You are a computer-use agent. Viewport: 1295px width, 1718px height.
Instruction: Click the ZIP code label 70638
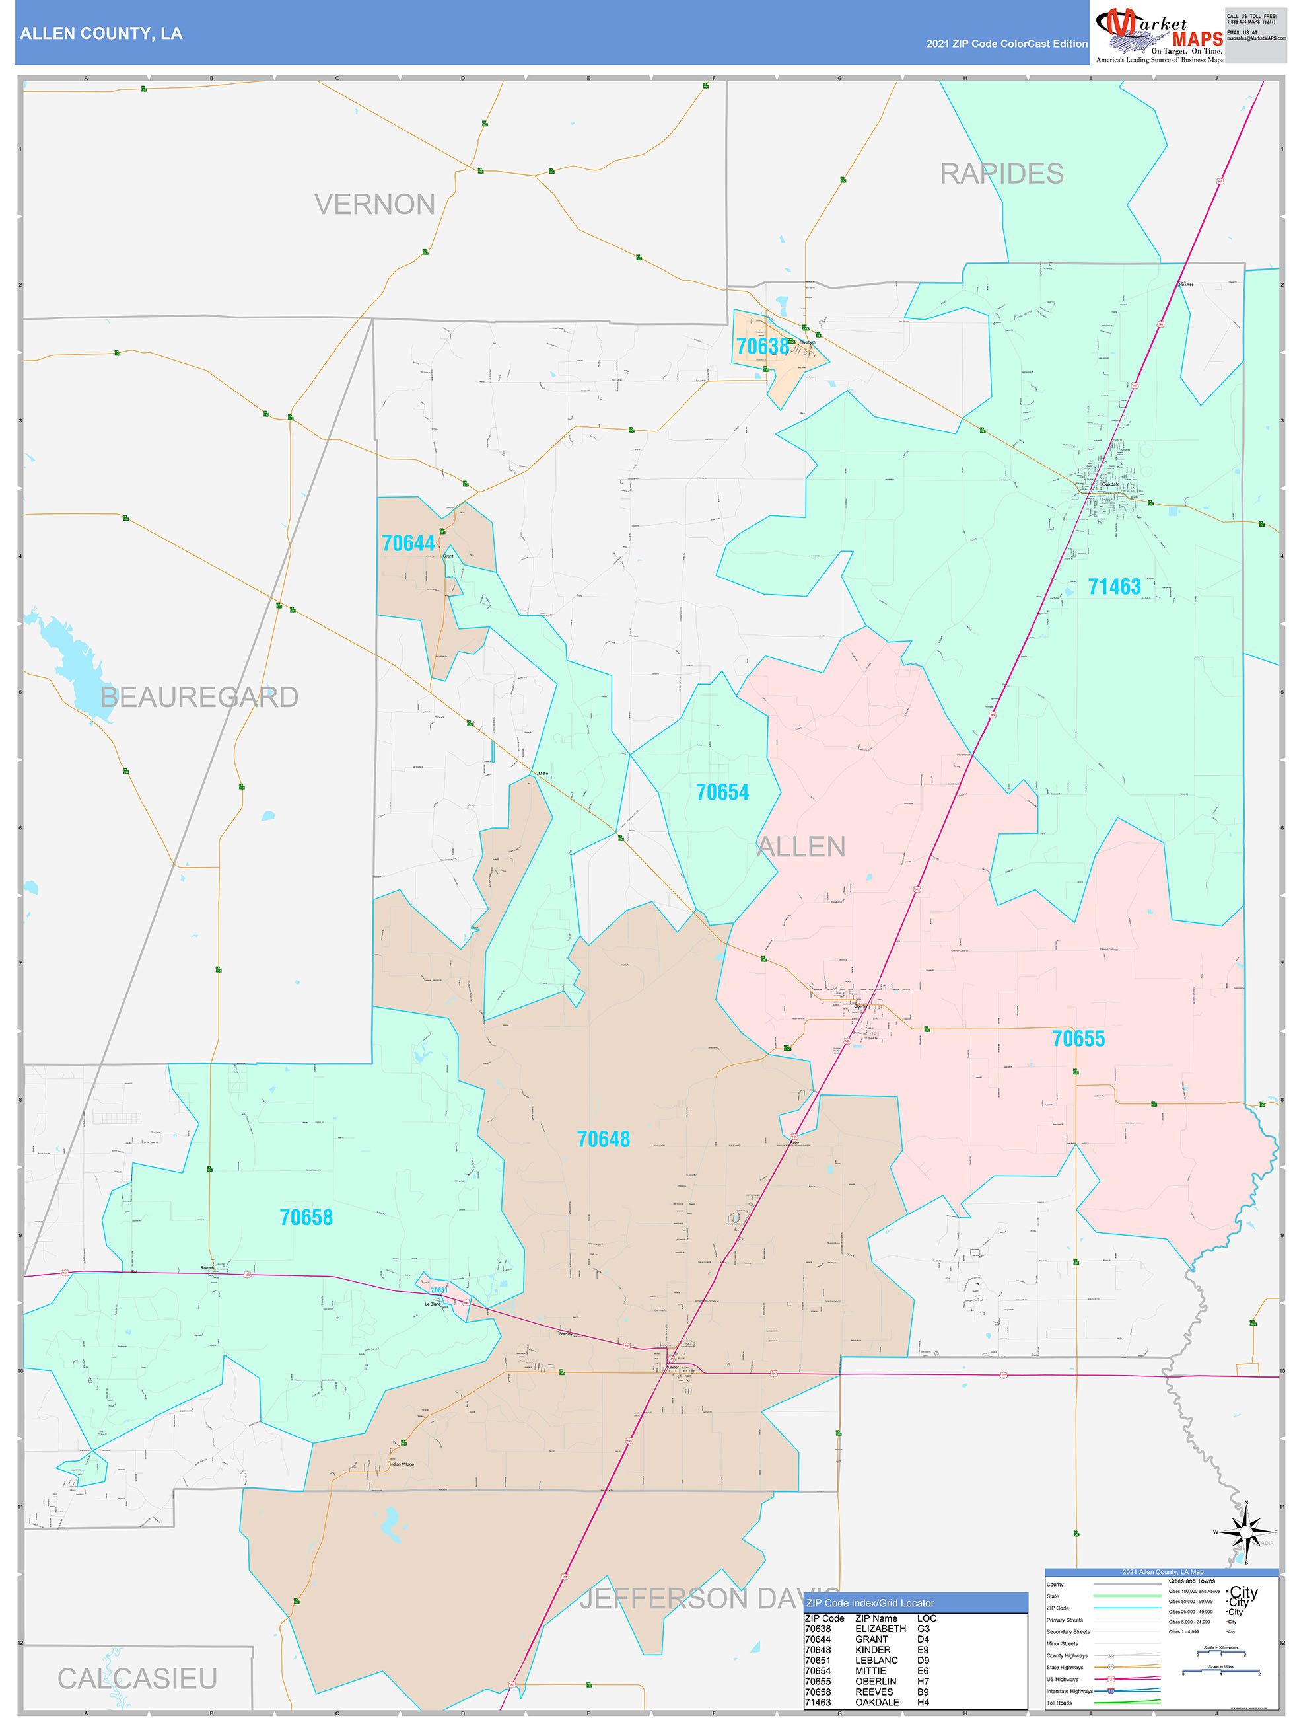761,346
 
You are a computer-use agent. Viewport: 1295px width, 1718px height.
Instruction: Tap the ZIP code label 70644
407,543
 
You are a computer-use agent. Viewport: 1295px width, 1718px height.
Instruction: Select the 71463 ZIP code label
1113,586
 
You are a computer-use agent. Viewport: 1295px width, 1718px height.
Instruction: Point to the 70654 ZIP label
721,792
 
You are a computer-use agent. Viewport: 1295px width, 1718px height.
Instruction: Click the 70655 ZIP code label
1078,1039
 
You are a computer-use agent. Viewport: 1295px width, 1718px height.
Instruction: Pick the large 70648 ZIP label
603,1139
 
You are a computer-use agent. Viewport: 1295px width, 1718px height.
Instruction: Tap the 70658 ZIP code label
306,1217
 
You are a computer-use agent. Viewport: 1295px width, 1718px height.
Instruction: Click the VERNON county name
374,204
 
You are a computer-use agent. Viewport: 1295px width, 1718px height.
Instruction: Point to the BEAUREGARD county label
199,696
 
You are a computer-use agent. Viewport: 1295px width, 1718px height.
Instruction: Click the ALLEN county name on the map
800,846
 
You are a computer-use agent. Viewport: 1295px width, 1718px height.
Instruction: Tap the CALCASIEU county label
137,1678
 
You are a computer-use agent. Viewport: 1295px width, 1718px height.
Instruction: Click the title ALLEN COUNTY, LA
101,34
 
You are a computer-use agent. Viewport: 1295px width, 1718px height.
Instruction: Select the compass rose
1245,1532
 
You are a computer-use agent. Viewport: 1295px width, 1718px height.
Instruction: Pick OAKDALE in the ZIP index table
876,1701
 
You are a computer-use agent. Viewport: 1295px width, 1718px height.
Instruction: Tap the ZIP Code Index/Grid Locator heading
870,1602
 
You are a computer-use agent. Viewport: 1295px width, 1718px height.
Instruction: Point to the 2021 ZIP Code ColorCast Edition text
1006,44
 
